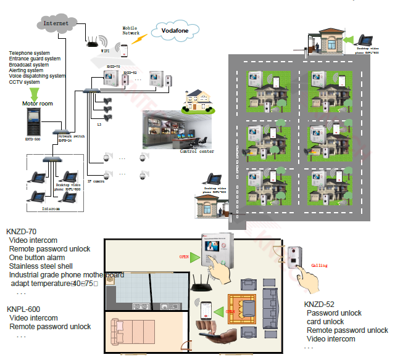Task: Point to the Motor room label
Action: [38, 104]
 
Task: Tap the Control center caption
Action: [197, 151]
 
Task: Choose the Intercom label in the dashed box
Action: [51, 209]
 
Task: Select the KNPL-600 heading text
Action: [23, 309]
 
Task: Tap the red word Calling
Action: [320, 266]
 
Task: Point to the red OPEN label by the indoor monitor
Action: [184, 256]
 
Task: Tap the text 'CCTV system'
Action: [25, 82]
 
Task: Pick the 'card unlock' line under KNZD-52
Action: [325, 322]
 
